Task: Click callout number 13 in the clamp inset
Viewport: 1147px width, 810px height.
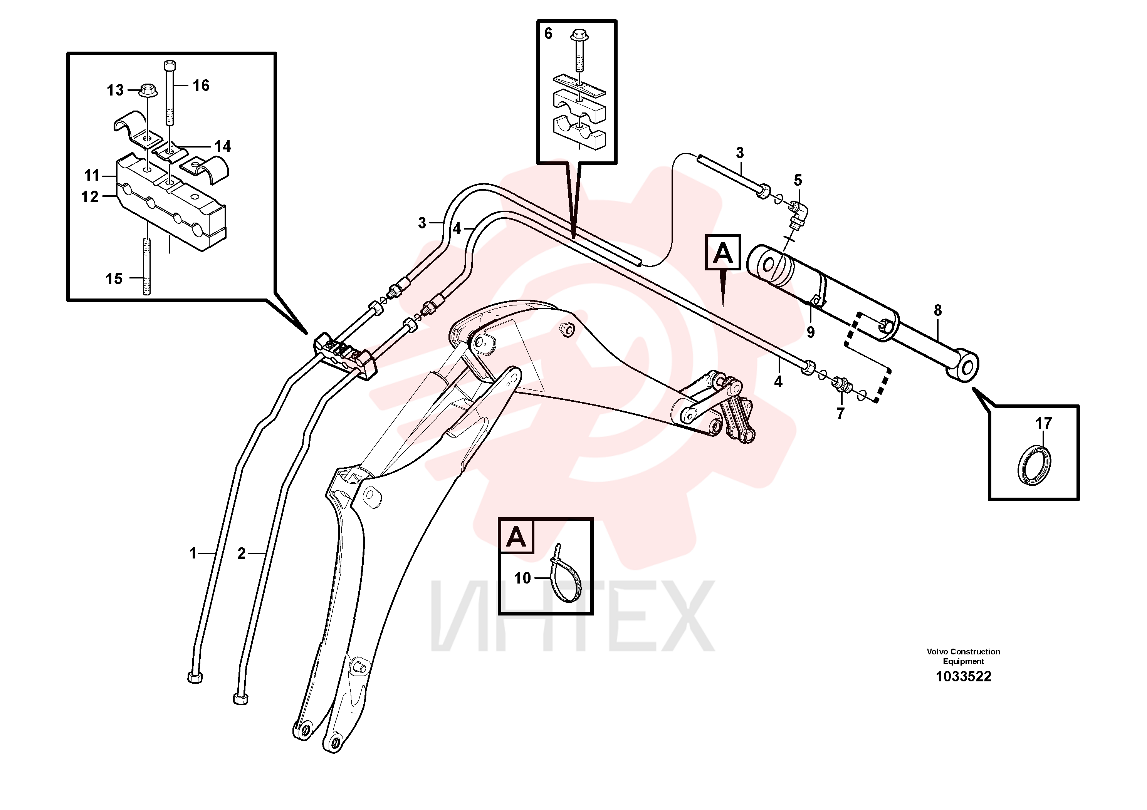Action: tap(115, 91)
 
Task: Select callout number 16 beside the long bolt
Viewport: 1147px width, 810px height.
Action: tap(201, 86)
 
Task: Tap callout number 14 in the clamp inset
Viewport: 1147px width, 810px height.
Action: tap(223, 146)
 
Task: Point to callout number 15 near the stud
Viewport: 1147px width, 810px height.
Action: tap(114, 278)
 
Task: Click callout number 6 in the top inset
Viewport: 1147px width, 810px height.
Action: tap(548, 34)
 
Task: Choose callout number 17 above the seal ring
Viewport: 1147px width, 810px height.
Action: tap(1043, 423)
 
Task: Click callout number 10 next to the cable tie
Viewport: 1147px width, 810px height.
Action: tap(522, 578)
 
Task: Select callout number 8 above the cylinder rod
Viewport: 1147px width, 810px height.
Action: tap(938, 310)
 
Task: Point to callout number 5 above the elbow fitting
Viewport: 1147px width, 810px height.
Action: tap(798, 180)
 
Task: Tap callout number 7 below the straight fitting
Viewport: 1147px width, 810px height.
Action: tap(840, 414)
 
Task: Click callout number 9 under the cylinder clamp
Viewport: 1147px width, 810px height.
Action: tap(811, 332)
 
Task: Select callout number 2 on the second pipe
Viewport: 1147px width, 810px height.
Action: tap(242, 553)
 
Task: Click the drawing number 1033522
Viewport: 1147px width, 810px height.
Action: tap(963, 677)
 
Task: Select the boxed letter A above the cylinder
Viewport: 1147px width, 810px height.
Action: tap(723, 252)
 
